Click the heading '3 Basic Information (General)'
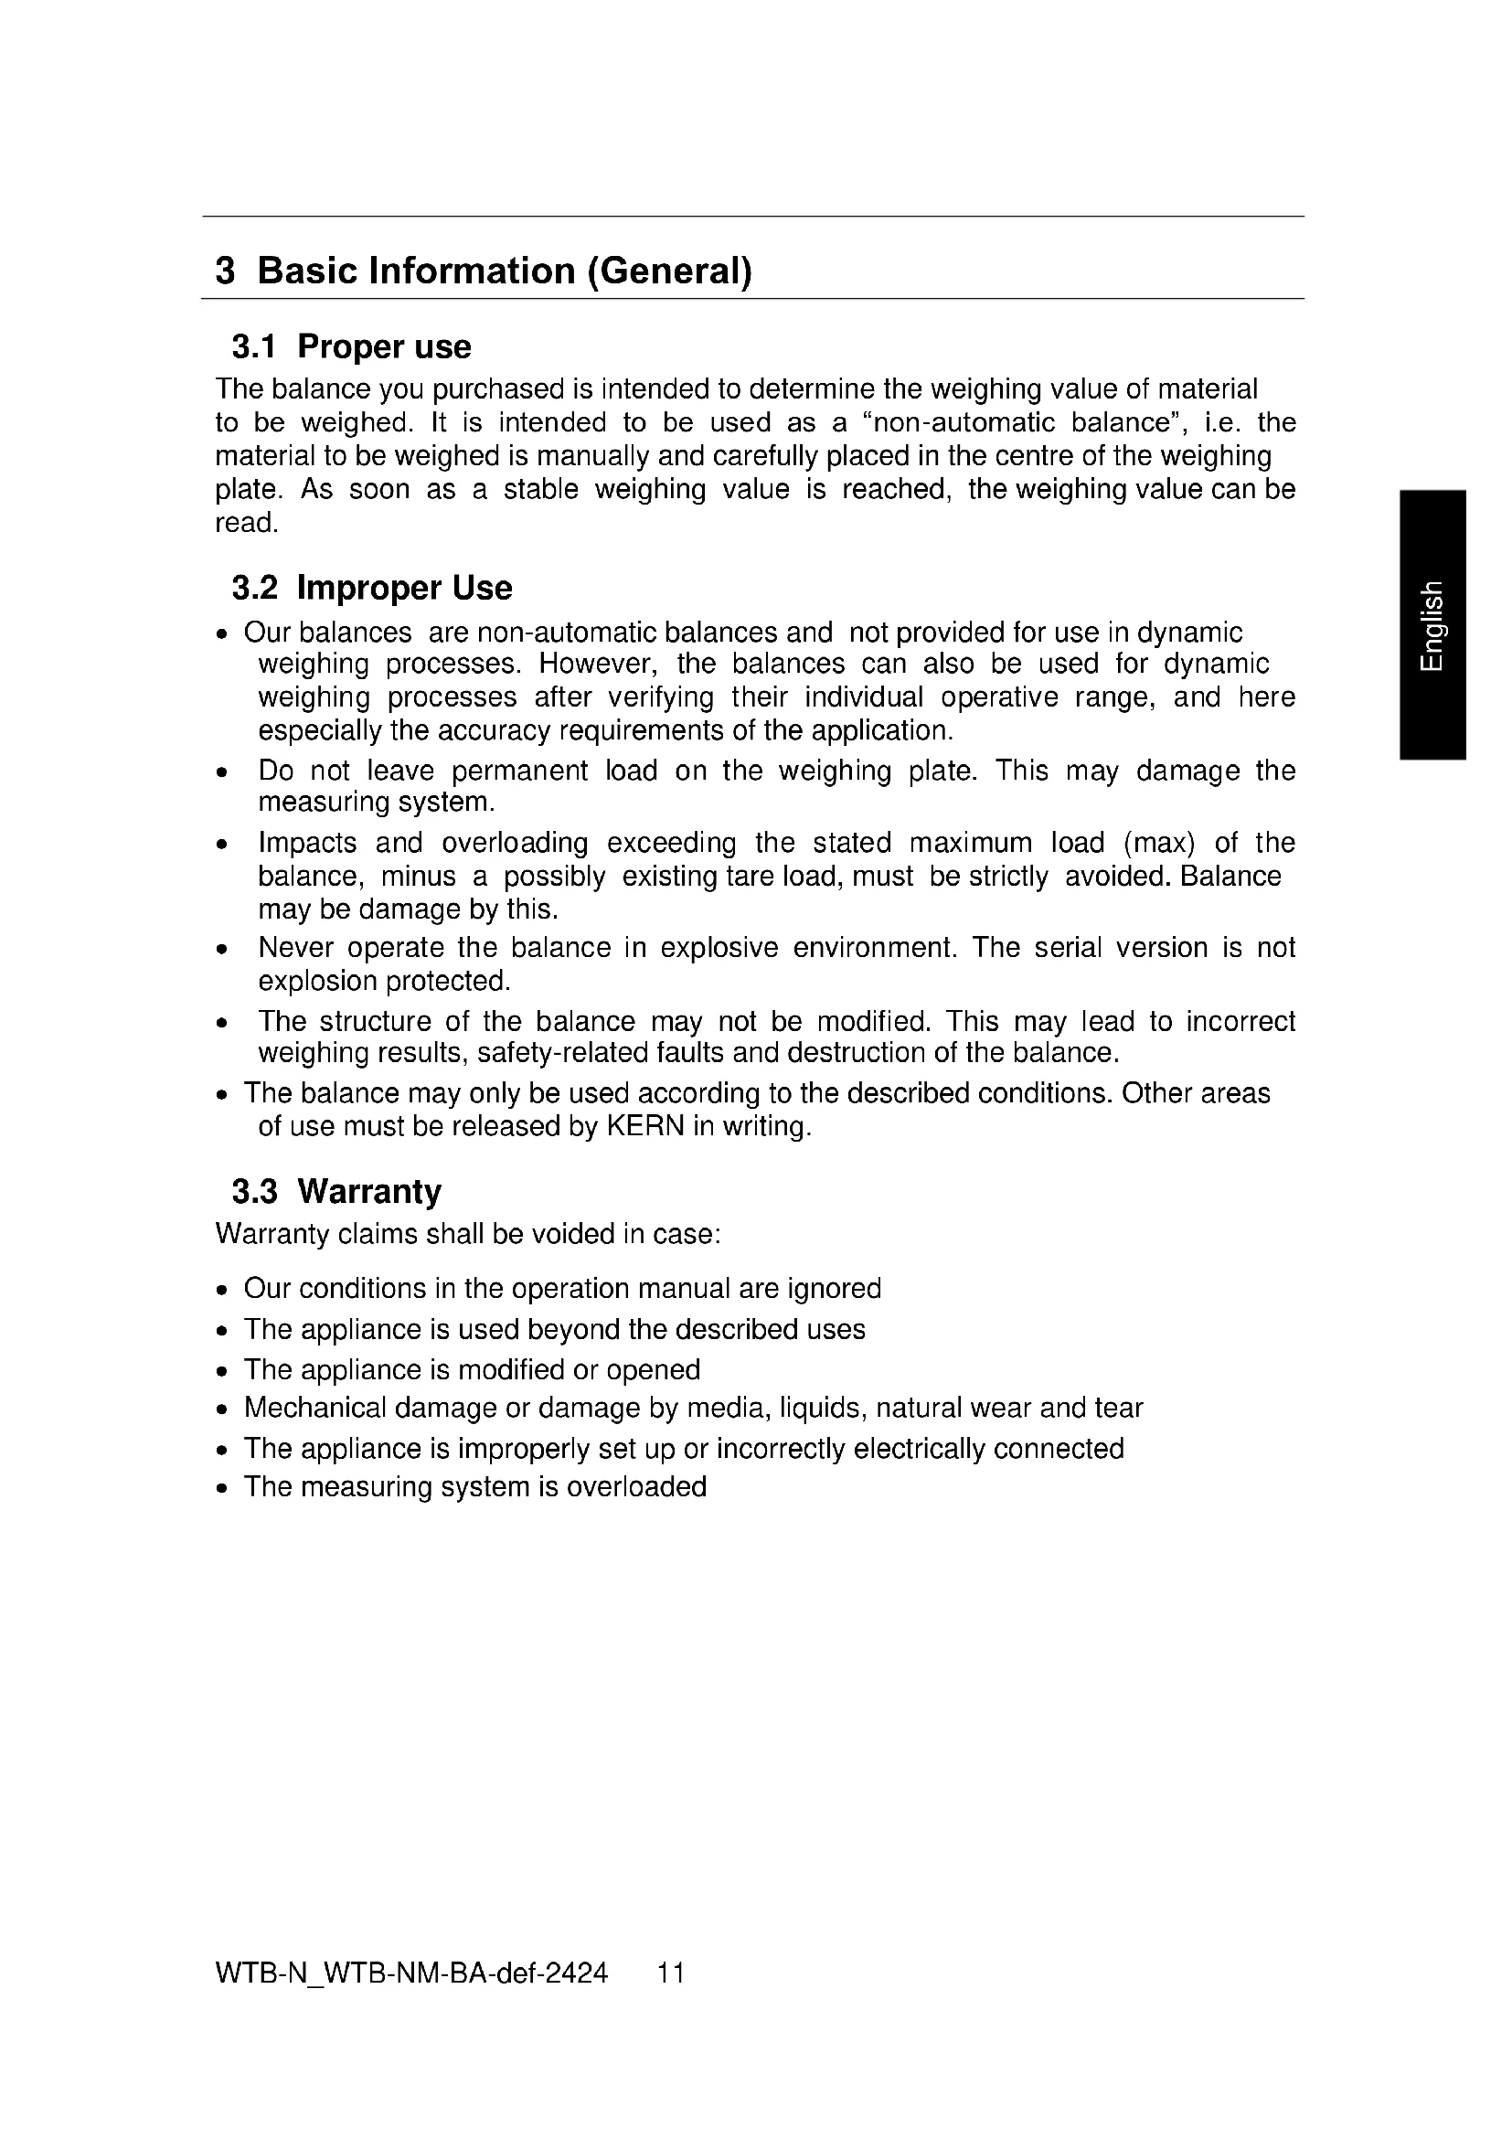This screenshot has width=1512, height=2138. point(484,271)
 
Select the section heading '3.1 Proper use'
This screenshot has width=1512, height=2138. point(351,347)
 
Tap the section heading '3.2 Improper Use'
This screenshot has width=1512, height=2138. point(371,589)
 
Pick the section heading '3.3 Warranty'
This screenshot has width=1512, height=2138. point(336,1192)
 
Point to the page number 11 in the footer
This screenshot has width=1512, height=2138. point(671,1973)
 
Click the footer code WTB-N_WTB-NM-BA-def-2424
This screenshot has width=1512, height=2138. point(410,1973)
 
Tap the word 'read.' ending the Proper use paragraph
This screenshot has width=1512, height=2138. point(247,524)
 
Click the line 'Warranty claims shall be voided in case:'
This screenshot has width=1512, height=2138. point(468,1235)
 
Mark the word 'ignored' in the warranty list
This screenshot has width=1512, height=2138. point(835,1289)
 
